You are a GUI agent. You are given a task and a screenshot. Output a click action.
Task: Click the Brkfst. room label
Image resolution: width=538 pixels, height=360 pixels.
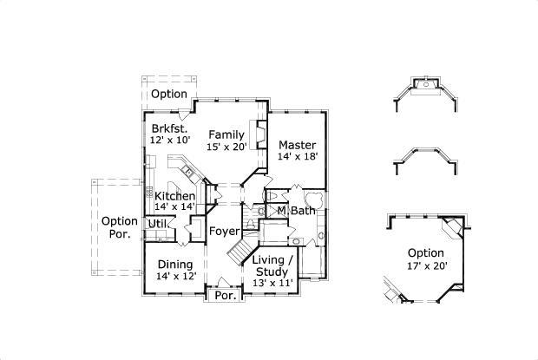click(170, 128)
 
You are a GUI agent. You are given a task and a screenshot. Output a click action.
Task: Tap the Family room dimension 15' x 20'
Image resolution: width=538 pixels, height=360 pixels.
click(226, 147)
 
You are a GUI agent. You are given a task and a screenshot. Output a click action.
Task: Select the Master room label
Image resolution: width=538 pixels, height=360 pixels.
click(297, 144)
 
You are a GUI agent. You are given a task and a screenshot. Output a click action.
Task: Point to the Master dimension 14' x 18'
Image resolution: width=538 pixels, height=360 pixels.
click(297, 156)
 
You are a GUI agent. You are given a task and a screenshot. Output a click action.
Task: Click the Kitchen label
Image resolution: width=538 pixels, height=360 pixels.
click(174, 195)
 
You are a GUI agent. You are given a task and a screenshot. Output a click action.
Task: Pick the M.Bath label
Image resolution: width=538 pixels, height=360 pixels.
click(296, 211)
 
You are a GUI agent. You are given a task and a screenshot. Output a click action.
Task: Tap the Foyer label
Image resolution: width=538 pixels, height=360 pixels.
click(223, 231)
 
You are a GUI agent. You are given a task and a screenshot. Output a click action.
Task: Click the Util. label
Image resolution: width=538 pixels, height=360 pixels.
click(157, 224)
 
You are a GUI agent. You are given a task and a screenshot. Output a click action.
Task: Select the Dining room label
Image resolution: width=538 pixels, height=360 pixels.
click(175, 265)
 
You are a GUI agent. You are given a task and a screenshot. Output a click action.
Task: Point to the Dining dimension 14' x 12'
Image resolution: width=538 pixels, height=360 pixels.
click(175, 276)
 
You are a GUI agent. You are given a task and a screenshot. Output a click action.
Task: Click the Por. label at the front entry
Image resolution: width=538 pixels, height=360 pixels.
click(225, 295)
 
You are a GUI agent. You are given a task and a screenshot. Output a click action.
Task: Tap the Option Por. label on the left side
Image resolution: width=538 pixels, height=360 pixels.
click(120, 227)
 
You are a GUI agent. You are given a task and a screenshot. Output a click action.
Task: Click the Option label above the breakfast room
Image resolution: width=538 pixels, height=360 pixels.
click(169, 94)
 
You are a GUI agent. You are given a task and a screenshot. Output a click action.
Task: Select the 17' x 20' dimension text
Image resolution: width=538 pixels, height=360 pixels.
click(426, 265)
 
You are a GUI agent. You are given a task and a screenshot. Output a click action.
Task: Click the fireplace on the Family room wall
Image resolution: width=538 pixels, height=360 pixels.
click(258, 131)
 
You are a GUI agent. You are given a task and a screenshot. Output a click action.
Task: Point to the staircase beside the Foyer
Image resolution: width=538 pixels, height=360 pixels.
click(238, 252)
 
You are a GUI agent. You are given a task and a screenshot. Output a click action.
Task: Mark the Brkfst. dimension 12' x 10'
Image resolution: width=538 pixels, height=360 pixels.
click(170, 140)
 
